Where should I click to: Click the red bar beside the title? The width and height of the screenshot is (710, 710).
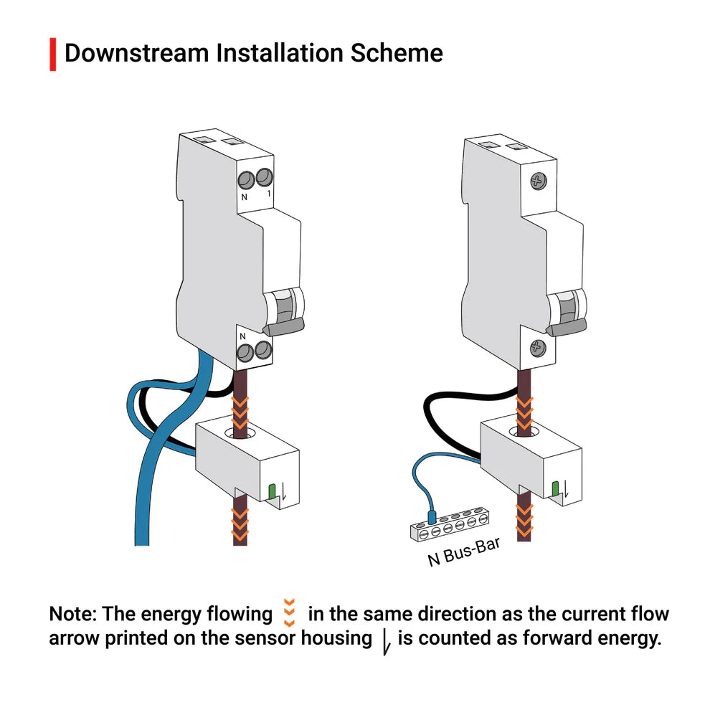[52, 55]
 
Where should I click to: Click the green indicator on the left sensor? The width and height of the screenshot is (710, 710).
[272, 491]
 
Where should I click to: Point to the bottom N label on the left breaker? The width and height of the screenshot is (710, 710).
[242, 335]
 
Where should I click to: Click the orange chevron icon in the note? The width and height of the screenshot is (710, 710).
[290, 612]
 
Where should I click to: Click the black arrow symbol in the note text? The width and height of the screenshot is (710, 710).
[385, 640]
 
